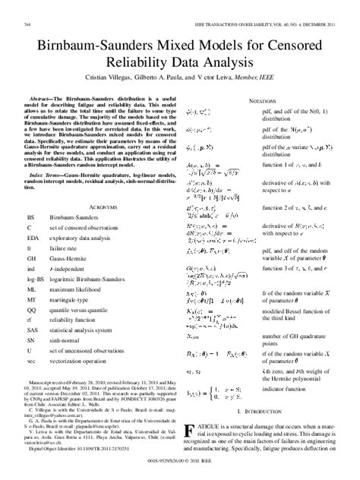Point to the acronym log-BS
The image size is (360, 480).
pyautogui.click(x=35, y=267)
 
